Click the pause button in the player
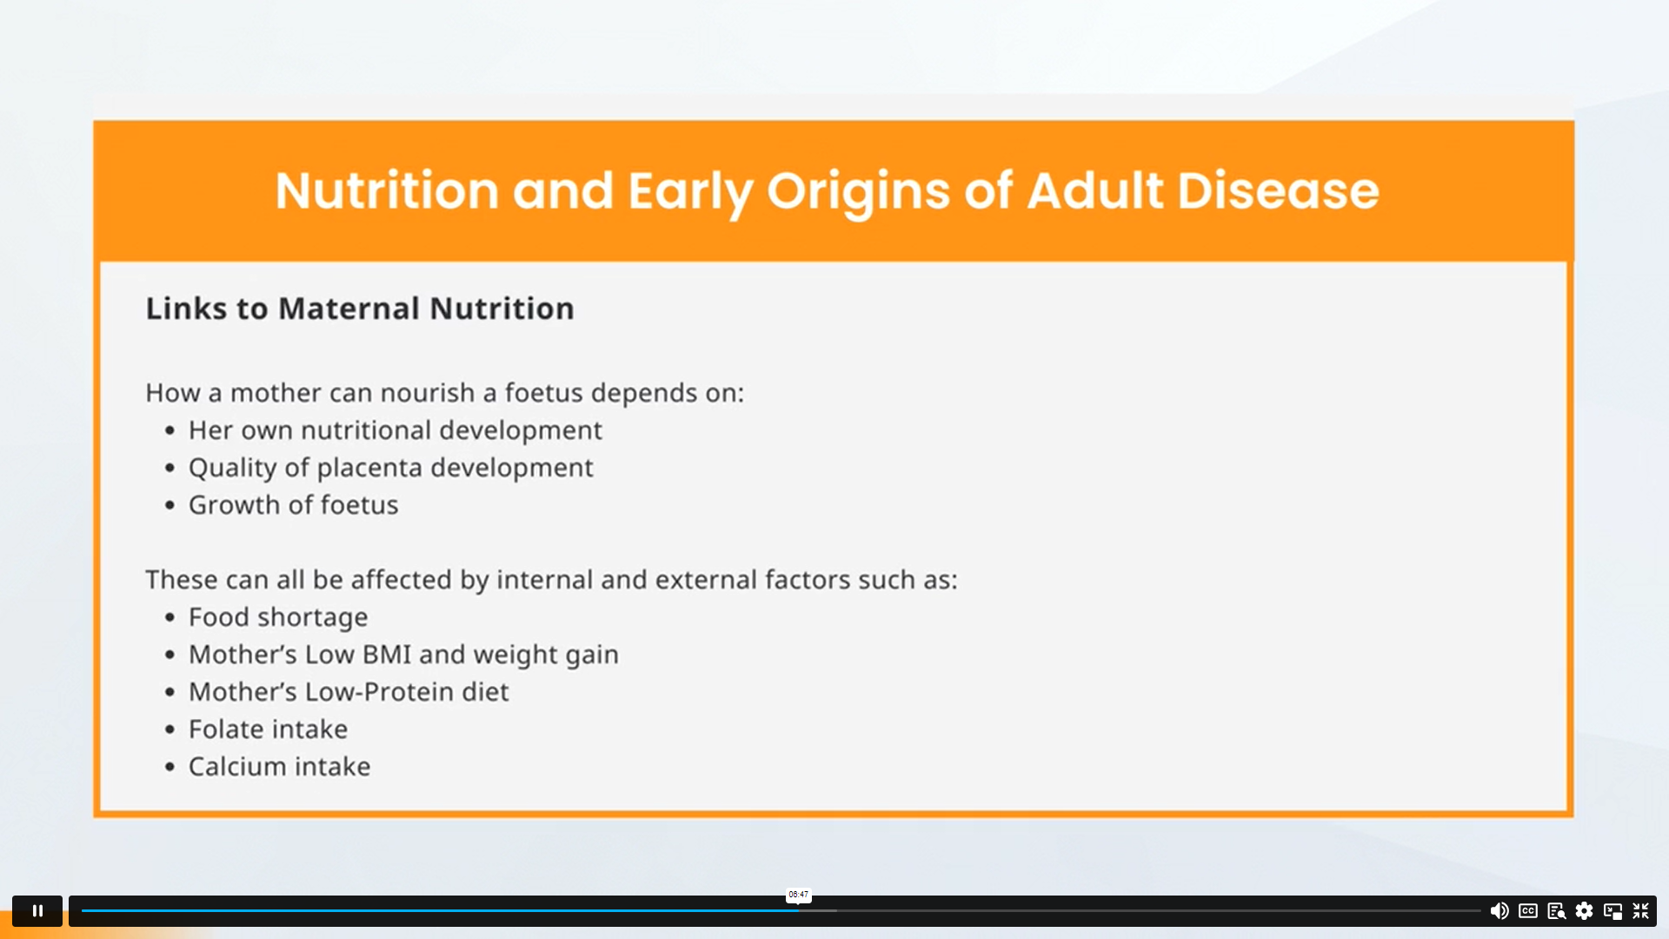point(37,910)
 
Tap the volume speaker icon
point(1499,910)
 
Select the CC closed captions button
point(1528,910)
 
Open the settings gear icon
point(1585,910)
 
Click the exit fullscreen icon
point(1641,910)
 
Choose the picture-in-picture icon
point(1613,911)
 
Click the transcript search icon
point(1557,911)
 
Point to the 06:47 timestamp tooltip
point(798,895)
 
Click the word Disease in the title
point(1278,190)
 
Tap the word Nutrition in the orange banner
point(387,190)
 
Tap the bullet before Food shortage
point(170,618)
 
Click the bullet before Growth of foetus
point(170,506)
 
